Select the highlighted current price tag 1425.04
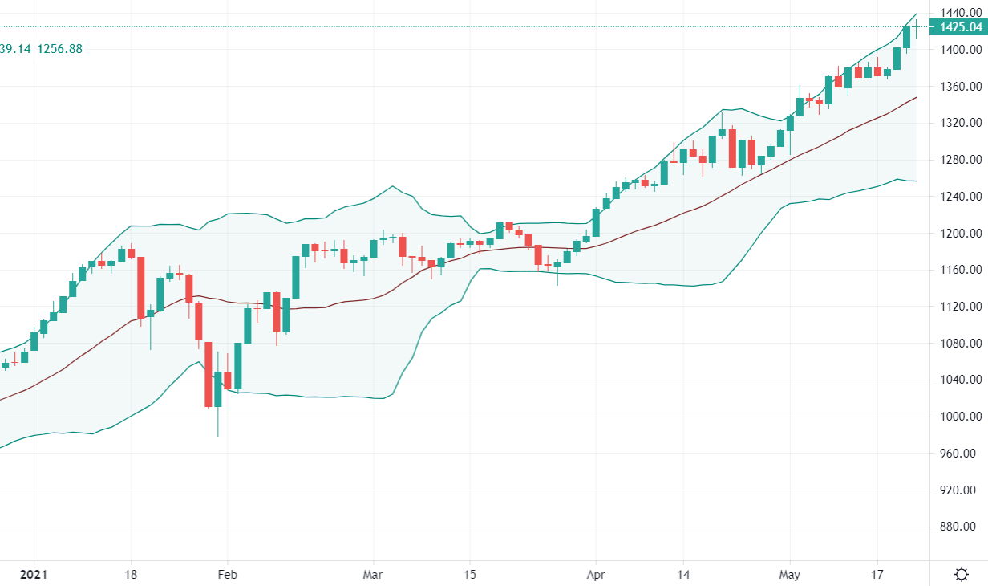[x=958, y=28]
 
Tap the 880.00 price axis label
[x=961, y=527]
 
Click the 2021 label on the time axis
[x=34, y=575]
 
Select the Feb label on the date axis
[x=227, y=575]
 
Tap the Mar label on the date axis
[x=373, y=575]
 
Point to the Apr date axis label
[x=595, y=575]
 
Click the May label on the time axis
[x=790, y=575]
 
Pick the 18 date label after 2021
[x=132, y=575]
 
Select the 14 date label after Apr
[x=682, y=575]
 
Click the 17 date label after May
[x=877, y=575]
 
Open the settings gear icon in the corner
[x=961, y=574]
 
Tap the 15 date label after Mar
[x=470, y=575]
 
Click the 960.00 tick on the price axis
[x=961, y=454]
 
